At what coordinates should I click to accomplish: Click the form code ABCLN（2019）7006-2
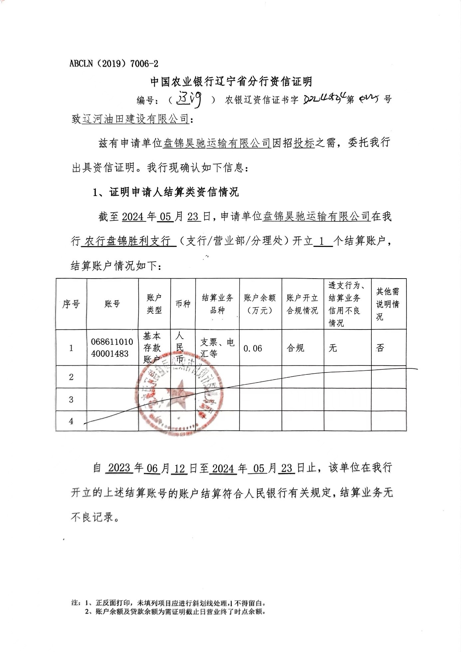114,64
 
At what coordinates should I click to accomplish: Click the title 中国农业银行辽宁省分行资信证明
231,82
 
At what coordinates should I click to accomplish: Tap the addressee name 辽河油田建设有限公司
135,119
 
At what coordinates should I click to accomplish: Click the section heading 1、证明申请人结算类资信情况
166,192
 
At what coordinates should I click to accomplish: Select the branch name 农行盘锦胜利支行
128,241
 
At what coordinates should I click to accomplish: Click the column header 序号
71,304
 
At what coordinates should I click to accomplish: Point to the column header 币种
183,304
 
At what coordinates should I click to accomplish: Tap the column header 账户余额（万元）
260,304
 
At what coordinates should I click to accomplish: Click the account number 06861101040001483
112,348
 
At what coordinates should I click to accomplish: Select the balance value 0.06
253,348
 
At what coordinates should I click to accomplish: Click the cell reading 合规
296,348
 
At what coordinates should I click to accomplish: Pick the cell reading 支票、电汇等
217,348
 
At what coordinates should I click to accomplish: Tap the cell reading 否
380,348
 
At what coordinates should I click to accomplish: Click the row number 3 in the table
71,399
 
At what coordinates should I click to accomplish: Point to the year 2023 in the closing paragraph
119,468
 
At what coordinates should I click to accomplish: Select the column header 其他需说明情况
388,304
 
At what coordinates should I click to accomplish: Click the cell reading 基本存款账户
152,348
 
